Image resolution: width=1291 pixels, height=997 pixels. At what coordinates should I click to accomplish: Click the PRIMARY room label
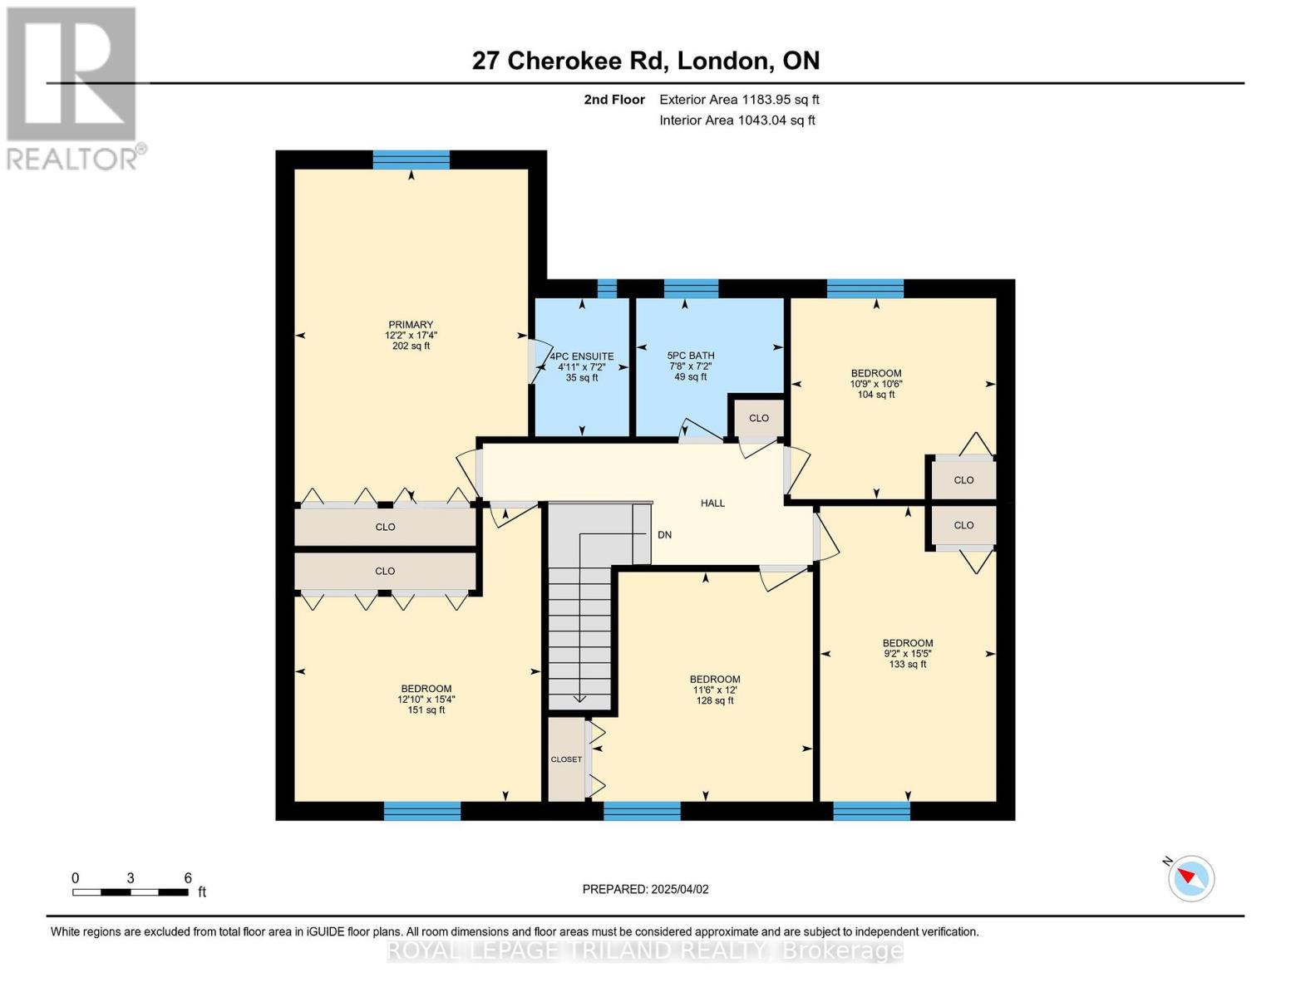pos(411,325)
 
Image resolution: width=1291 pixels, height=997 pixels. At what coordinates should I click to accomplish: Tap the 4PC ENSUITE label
pos(582,356)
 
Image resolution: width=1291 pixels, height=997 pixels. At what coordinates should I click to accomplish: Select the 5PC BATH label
pos(691,356)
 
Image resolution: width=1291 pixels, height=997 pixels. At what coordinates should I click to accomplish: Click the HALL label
pos(712,503)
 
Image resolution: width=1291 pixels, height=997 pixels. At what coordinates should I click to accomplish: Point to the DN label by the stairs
pos(664,535)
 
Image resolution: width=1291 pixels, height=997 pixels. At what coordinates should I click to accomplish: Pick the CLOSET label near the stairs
pos(566,759)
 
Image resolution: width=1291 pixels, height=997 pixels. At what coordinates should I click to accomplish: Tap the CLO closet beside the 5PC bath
pos(758,418)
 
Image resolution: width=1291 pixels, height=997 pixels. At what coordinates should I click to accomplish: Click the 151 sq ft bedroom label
pos(426,699)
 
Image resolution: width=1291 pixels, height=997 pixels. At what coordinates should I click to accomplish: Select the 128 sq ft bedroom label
pos(715,690)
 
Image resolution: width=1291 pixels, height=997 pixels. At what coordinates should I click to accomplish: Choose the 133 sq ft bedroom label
pos(908,653)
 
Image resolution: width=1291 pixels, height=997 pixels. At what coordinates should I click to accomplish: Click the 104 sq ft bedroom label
pos(875,384)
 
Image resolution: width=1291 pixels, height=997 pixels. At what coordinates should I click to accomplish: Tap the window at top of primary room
pos(411,160)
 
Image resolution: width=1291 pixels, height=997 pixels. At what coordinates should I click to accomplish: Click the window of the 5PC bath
pos(691,289)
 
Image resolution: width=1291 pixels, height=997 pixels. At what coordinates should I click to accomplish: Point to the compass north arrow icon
pos(1191,877)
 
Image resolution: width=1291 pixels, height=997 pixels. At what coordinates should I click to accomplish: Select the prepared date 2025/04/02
pos(645,889)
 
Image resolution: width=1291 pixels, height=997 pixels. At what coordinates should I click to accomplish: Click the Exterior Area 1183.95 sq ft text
pos(739,100)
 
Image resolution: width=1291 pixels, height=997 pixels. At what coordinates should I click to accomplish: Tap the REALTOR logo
pos(73,88)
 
